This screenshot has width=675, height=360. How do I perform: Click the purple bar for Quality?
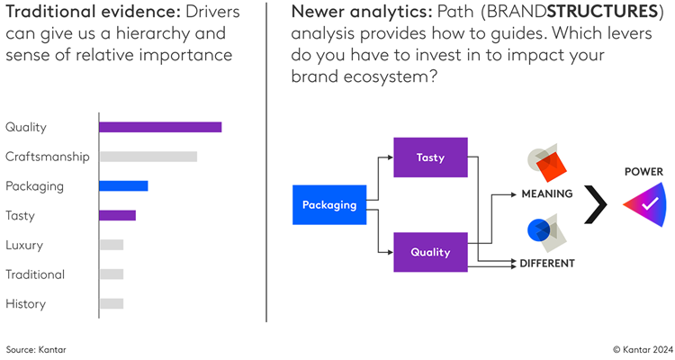pyautogui.click(x=159, y=127)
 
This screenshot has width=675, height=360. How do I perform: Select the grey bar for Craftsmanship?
pyautogui.click(x=148, y=157)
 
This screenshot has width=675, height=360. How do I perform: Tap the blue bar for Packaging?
pyautogui.click(x=123, y=186)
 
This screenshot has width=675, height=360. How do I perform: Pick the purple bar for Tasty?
pyautogui.click(x=117, y=215)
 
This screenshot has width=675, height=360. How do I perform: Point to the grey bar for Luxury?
pyautogui.click(x=111, y=245)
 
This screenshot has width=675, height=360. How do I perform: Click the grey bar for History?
pyautogui.click(x=111, y=303)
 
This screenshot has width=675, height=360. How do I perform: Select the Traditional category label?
pyautogui.click(x=35, y=274)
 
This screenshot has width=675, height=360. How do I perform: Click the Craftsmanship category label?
pyautogui.click(x=47, y=157)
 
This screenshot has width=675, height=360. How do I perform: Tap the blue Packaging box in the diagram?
pyautogui.click(x=329, y=205)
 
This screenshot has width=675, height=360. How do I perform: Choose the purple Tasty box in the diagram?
pyautogui.click(x=430, y=157)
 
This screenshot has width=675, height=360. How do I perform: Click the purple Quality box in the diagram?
pyautogui.click(x=430, y=252)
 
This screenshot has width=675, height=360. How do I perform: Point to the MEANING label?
pyautogui.click(x=546, y=193)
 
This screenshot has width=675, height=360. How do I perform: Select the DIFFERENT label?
pyautogui.click(x=546, y=264)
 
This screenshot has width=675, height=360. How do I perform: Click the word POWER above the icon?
pyautogui.click(x=643, y=171)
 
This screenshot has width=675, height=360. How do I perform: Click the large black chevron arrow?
pyautogui.click(x=596, y=204)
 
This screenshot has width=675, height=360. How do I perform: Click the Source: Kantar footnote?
pyautogui.click(x=36, y=348)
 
